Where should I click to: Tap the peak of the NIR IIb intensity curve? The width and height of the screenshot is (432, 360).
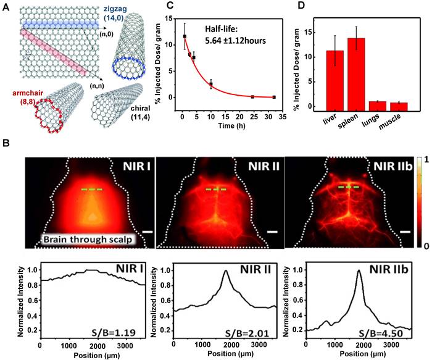(359, 271)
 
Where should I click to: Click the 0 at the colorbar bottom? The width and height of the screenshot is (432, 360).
(420, 245)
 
